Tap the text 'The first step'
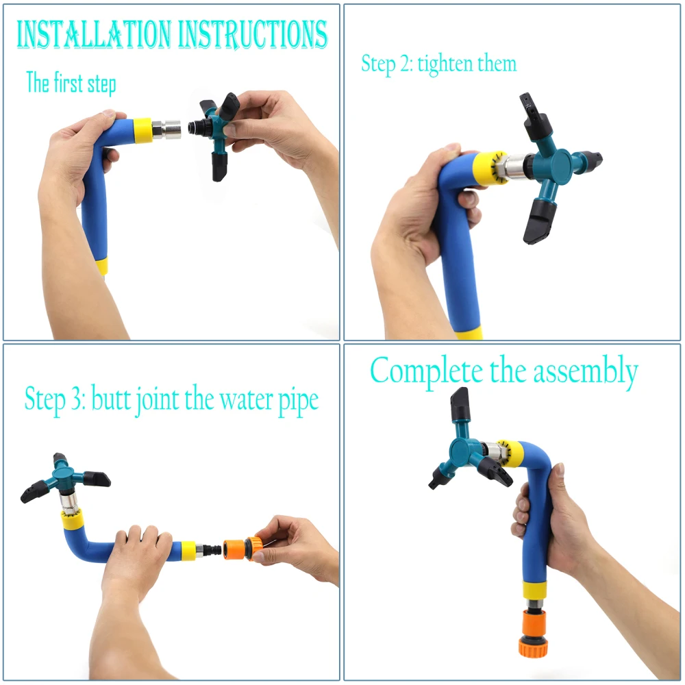(71, 84)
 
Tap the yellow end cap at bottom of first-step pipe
(102, 266)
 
